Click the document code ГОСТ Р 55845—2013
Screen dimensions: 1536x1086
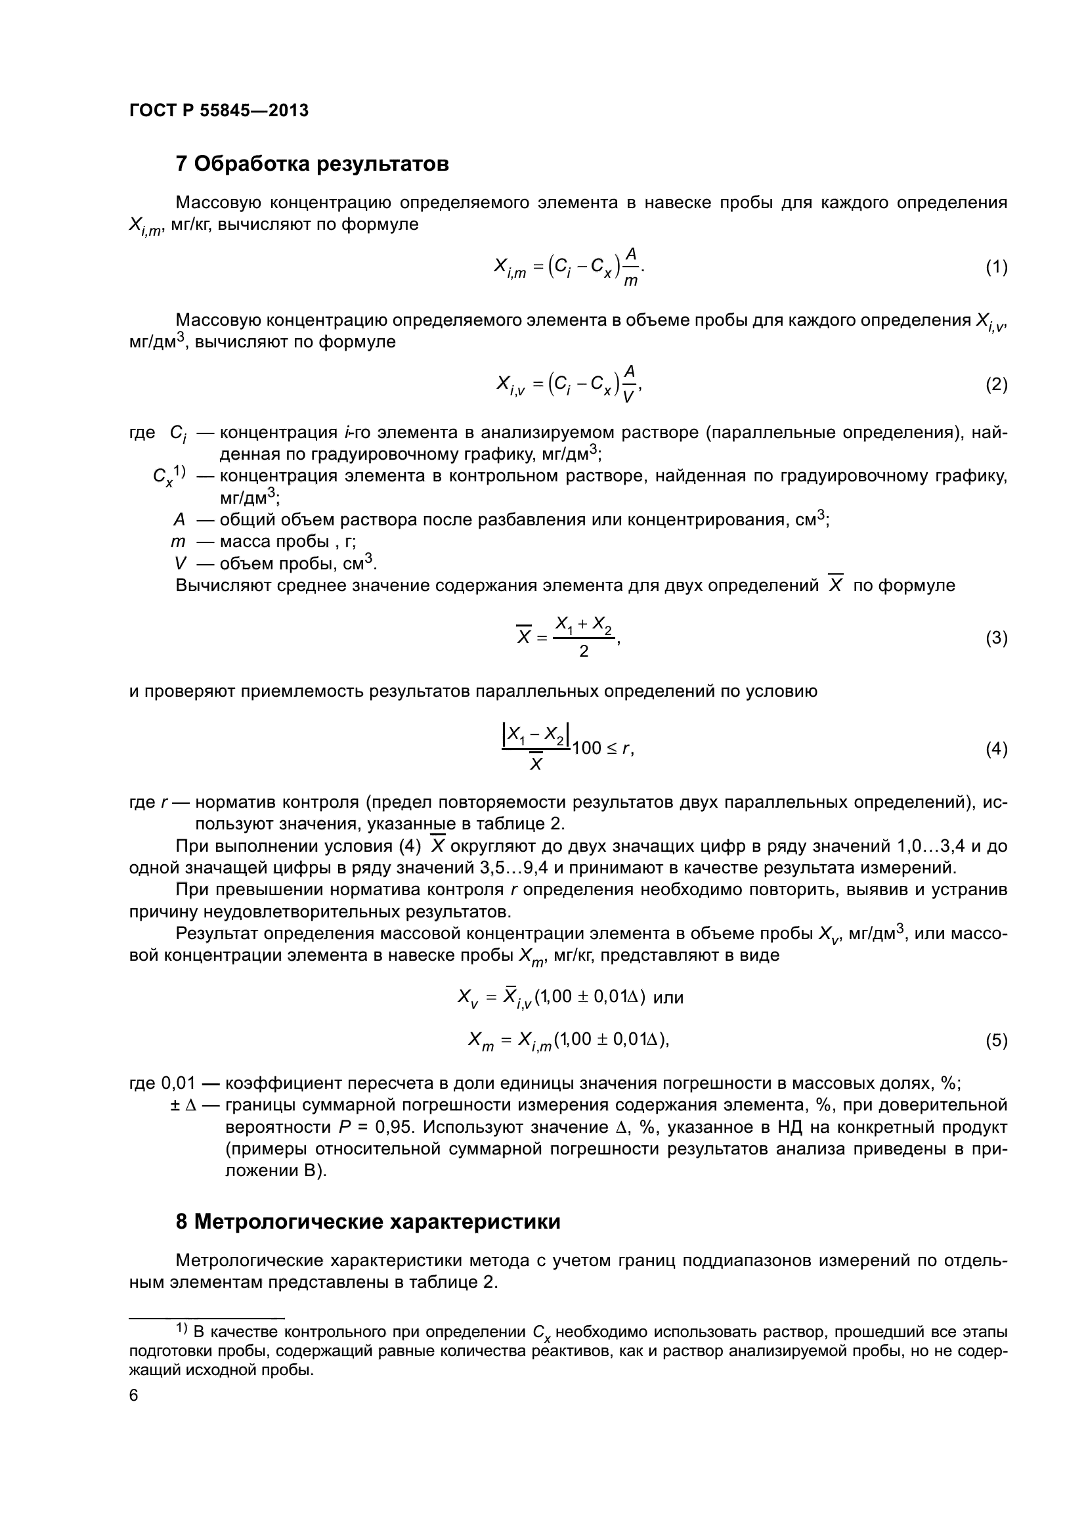pos(219,111)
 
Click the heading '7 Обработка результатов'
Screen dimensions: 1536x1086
pos(312,164)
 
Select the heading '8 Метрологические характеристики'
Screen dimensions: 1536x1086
pos(368,1221)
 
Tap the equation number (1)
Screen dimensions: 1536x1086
pos(997,267)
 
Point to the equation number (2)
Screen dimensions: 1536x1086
pos(997,385)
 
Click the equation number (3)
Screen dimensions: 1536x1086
pos(997,638)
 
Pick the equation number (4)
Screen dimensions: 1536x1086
pos(997,749)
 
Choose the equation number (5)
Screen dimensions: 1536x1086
pos(997,1040)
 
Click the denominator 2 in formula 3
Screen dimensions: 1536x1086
pos(583,651)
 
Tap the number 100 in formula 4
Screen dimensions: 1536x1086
pos(586,749)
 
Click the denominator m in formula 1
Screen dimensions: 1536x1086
pos(630,282)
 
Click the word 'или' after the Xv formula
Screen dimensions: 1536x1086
pos(668,998)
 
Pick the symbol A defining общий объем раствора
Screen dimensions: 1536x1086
pos(179,520)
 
